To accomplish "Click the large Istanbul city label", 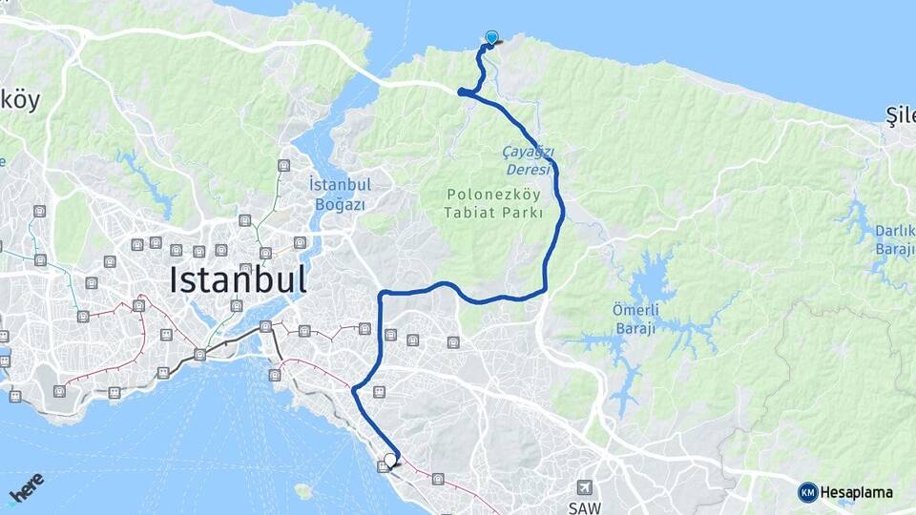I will pyautogui.click(x=238, y=279).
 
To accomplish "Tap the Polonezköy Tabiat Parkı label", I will pyautogui.click(x=493, y=203).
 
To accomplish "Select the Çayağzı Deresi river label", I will pyautogui.click(x=528, y=159).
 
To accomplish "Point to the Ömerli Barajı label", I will pyautogui.click(x=635, y=319).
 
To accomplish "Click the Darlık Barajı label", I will pyautogui.click(x=895, y=239).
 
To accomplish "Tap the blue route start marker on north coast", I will pyautogui.click(x=491, y=37).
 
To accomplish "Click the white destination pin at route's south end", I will pyautogui.click(x=390, y=459).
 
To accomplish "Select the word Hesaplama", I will pyautogui.click(x=857, y=492).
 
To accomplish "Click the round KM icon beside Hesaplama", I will pyautogui.click(x=807, y=492).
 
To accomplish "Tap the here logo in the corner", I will pyautogui.click(x=27, y=487).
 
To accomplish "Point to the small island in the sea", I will pyautogui.click(x=303, y=492).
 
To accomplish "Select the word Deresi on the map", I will pyautogui.click(x=528, y=169).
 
